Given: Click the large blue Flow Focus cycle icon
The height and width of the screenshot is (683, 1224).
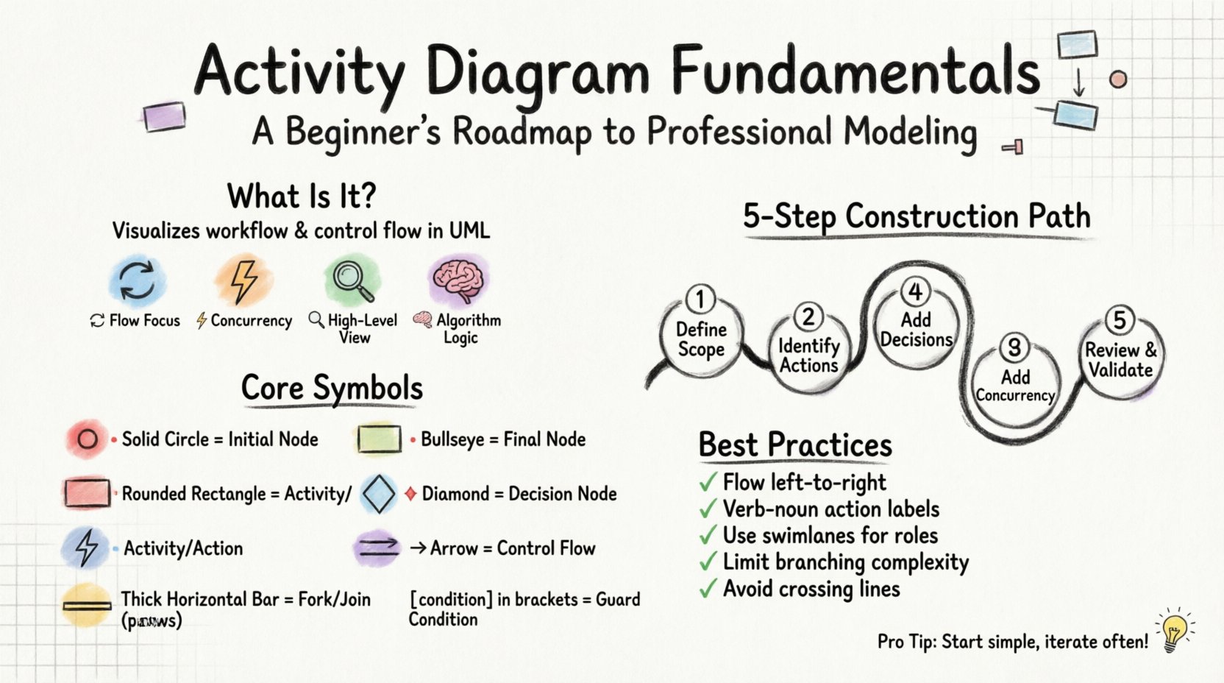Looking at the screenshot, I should tap(137, 280).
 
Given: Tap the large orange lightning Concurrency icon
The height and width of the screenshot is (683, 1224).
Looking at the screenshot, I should tap(244, 280).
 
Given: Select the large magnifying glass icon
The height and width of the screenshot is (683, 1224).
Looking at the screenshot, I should tap(352, 280).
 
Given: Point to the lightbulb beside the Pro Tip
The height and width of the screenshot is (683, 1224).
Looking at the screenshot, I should tap(1174, 631).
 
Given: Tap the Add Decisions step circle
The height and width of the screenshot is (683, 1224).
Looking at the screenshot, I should tap(916, 329).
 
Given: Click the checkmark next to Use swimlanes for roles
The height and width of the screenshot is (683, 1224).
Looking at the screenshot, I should tap(708, 535).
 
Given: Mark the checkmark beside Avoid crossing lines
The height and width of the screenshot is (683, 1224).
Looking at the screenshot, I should tap(708, 589).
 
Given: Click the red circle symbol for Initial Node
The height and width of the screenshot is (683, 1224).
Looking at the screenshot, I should tap(88, 439).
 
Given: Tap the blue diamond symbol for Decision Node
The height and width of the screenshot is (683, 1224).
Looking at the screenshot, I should tap(379, 494).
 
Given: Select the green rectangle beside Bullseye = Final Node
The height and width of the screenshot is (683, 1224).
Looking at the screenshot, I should tap(379, 439).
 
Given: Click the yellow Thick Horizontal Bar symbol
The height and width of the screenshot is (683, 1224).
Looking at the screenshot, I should tap(87, 606).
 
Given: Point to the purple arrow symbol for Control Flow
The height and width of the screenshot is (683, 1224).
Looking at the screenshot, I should tap(377, 548).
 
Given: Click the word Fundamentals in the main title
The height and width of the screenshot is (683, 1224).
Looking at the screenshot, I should tap(855, 71).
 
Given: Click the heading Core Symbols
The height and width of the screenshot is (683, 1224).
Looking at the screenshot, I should tap(332, 388).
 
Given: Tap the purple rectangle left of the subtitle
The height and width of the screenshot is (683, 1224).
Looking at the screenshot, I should tap(163, 116).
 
